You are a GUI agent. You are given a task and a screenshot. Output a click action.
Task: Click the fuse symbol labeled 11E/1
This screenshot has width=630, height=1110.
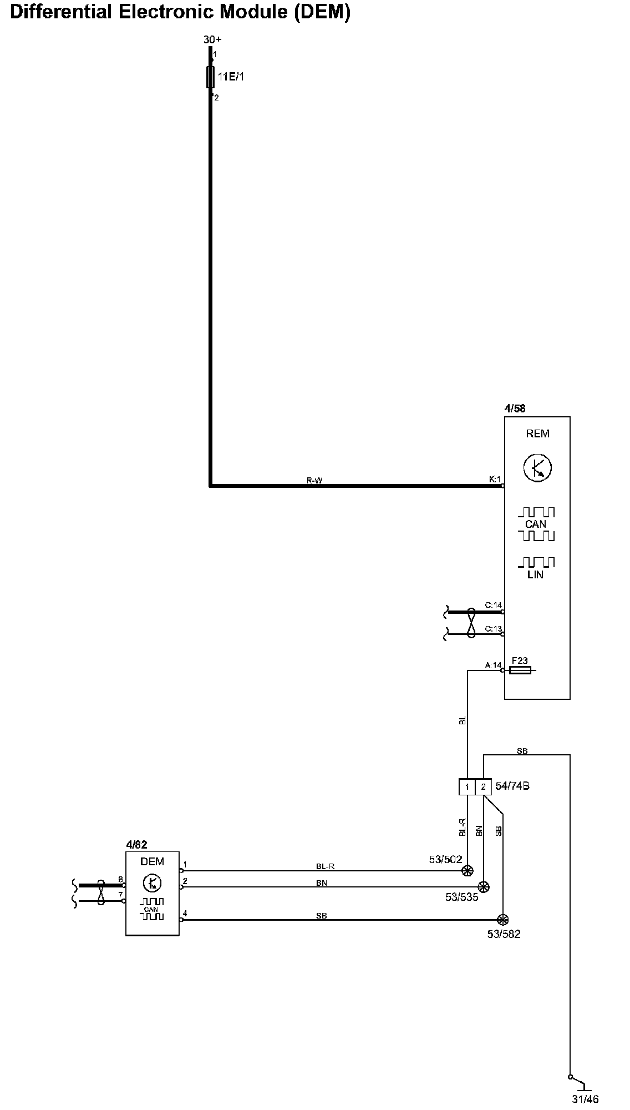click(x=211, y=77)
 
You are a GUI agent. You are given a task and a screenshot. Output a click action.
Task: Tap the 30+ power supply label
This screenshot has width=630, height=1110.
click(x=212, y=39)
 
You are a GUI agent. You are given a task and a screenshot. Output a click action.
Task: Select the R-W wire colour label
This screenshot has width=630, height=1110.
click(x=314, y=481)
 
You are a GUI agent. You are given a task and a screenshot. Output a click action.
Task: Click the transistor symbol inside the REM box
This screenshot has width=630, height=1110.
click(x=537, y=468)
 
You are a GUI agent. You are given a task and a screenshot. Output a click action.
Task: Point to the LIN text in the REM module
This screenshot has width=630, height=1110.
click(x=535, y=575)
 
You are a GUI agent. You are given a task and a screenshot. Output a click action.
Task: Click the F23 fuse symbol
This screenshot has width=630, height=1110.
click(x=520, y=670)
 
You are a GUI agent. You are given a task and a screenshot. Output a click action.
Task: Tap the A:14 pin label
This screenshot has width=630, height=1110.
click(x=493, y=665)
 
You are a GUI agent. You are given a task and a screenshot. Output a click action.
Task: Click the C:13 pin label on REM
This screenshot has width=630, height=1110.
click(x=493, y=629)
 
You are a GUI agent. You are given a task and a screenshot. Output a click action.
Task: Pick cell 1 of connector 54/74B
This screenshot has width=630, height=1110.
click(x=468, y=787)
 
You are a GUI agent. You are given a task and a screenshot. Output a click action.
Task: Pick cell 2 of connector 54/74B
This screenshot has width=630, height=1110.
click(x=484, y=787)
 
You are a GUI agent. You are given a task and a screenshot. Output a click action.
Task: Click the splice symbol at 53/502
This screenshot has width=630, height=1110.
click(x=468, y=871)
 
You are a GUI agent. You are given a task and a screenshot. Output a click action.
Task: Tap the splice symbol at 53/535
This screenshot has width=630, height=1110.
click(x=484, y=887)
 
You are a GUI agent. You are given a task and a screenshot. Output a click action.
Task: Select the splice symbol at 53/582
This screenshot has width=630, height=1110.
click(x=503, y=920)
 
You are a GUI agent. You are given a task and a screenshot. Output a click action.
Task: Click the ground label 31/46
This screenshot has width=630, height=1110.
click(x=585, y=1098)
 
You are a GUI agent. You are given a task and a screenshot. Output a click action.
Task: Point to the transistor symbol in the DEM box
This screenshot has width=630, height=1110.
click(x=152, y=883)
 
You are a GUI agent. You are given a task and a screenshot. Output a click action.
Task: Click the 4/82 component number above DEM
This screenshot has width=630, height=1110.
click(x=136, y=845)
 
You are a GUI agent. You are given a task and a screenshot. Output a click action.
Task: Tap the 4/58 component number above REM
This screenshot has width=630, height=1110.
click(x=515, y=408)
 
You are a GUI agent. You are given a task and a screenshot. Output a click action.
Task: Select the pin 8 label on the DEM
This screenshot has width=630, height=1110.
click(x=120, y=879)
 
